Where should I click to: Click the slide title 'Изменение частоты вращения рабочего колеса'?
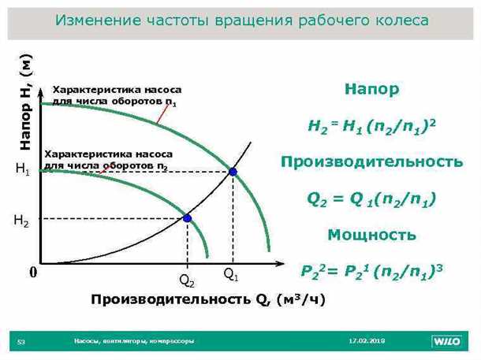coord(241,20)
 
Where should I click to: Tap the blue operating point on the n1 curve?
coord(233,171)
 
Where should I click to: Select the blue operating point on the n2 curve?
coord(187,218)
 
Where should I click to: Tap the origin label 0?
coord(33,273)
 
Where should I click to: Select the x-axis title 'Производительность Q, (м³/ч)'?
coord(207,299)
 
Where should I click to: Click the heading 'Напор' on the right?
coord(372,90)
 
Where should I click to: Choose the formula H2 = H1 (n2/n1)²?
coord(372,126)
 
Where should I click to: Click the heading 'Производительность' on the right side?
coord(372,162)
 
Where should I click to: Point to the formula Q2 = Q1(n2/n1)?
coord(372,199)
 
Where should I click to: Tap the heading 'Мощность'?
coord(372,235)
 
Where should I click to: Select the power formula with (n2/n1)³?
coord(372,271)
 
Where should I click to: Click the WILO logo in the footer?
coord(449,341)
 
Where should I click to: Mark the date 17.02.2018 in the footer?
coord(367,341)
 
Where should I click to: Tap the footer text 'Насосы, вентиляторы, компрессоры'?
coord(134,341)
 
